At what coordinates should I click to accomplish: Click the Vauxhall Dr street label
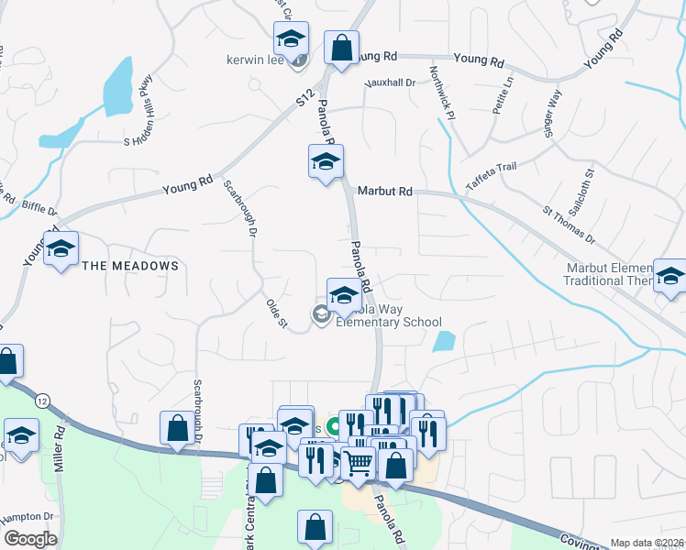coord(390,82)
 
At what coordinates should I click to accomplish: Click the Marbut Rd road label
coord(385,192)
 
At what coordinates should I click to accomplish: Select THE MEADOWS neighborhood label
coord(129,266)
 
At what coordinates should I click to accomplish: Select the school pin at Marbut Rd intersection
coord(325,161)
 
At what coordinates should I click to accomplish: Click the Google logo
coord(31,539)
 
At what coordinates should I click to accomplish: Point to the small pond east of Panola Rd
coord(443,342)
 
